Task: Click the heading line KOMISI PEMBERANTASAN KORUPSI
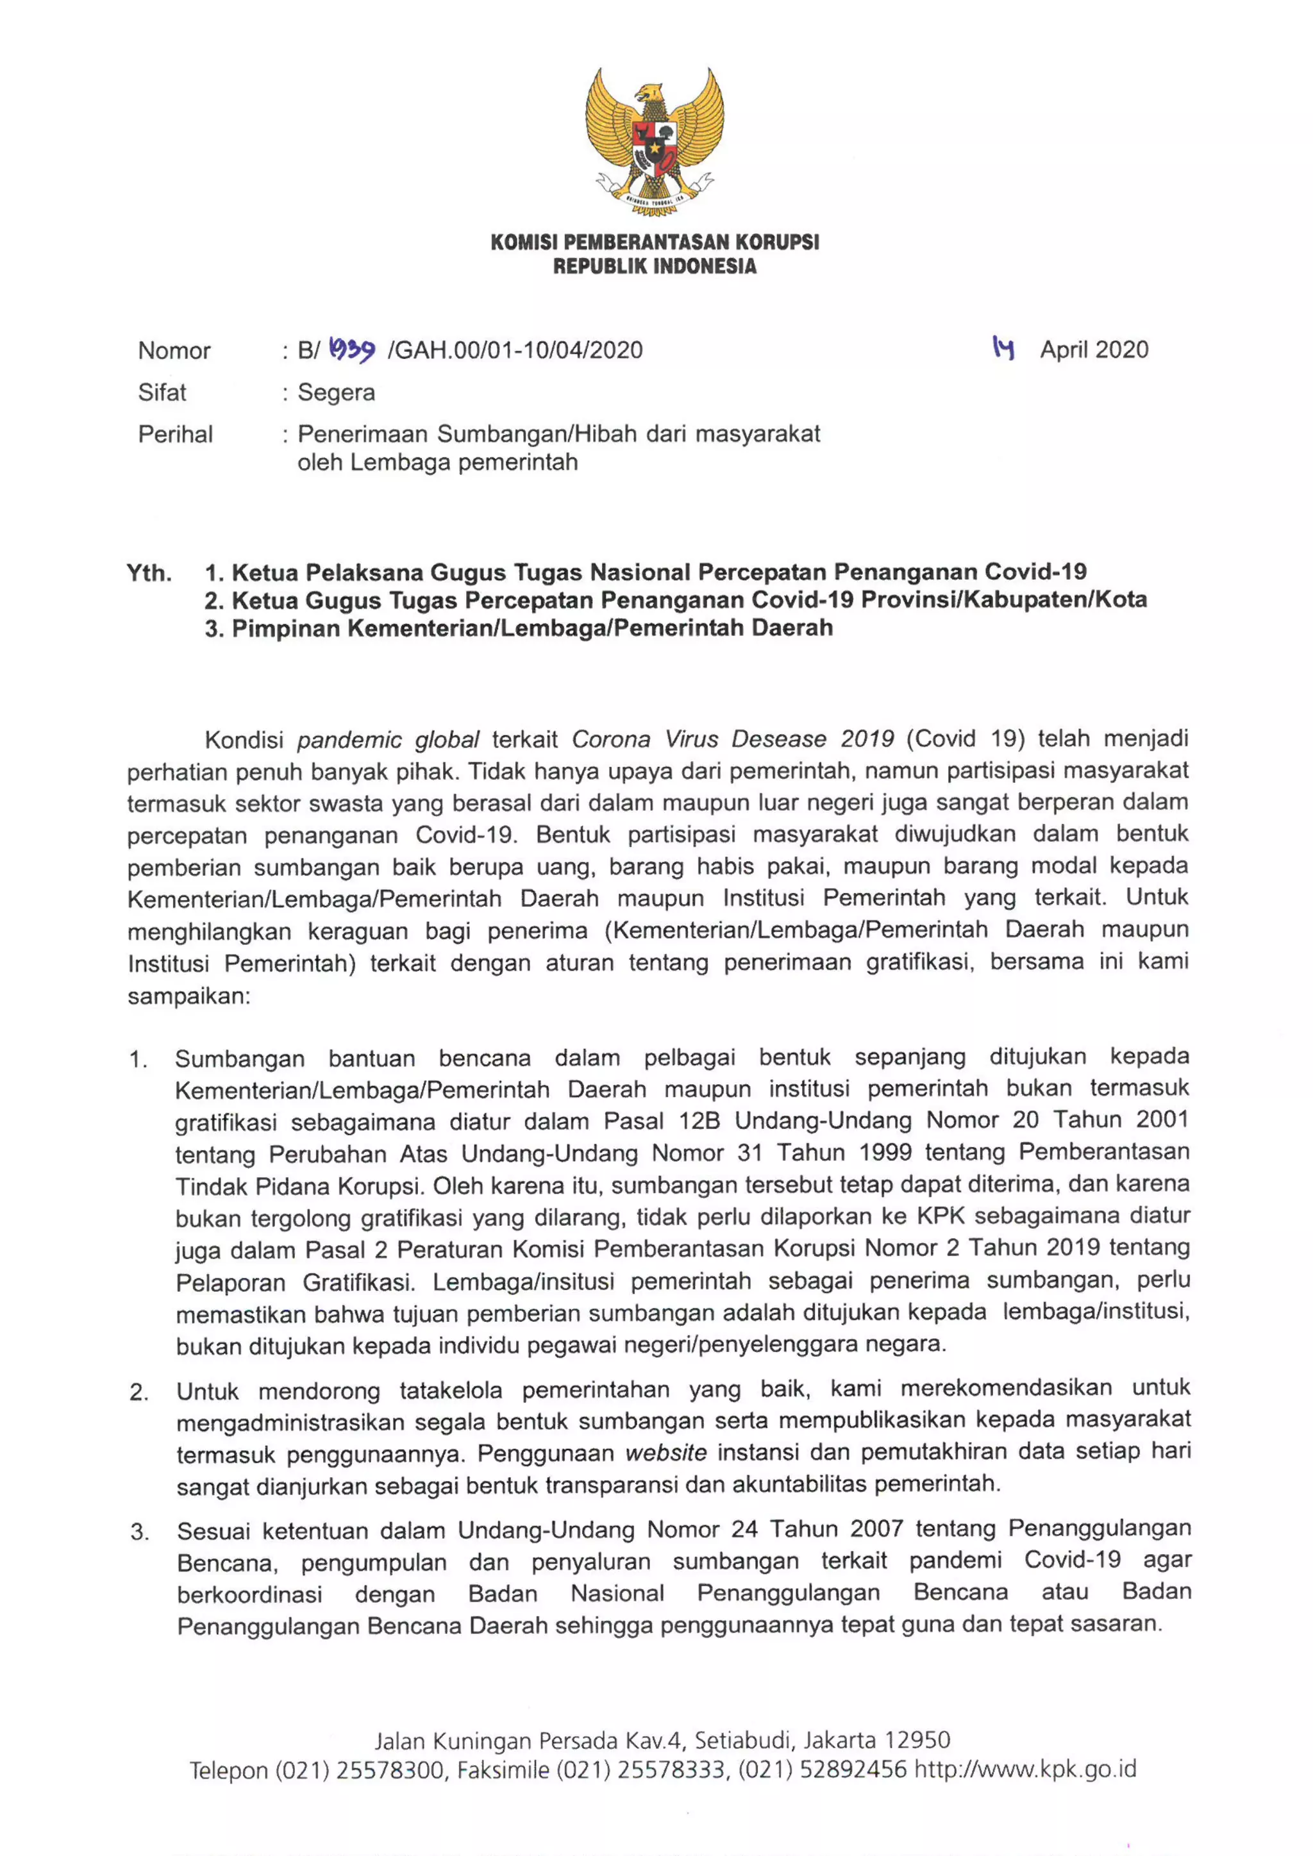click(x=655, y=242)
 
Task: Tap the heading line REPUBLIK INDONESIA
click(x=655, y=267)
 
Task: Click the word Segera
click(x=337, y=393)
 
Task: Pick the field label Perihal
click(x=176, y=435)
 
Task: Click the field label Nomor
click(x=174, y=351)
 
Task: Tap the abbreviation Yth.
click(x=149, y=573)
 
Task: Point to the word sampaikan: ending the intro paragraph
click(x=189, y=996)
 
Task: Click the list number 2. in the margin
click(x=139, y=1392)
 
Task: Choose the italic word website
click(x=666, y=1453)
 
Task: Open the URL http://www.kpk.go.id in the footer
click(x=1025, y=1769)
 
